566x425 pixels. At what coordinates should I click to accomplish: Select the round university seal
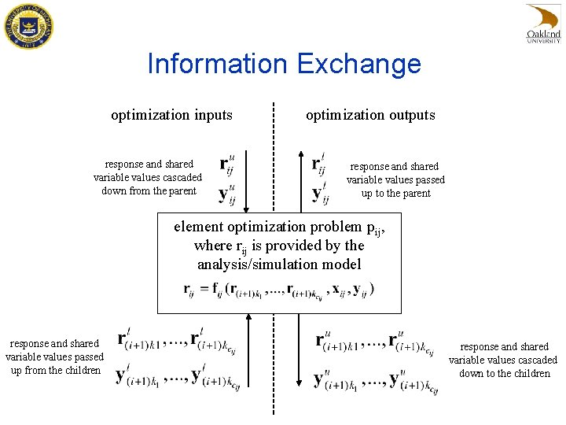(x=28, y=26)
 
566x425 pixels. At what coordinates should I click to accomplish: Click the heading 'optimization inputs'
(x=171, y=115)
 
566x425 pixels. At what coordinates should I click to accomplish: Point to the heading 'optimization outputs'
(x=370, y=115)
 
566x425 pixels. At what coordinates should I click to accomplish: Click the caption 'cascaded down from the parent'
(x=149, y=178)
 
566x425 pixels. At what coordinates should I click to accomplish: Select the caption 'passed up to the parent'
(x=395, y=179)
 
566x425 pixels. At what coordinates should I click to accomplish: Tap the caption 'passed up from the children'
(x=55, y=357)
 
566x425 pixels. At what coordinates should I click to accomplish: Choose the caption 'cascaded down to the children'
(x=503, y=360)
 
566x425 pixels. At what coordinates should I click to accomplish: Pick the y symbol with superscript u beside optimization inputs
(x=226, y=192)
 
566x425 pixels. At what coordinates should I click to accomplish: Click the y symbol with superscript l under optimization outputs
(x=318, y=192)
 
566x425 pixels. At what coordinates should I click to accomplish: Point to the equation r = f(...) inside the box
(x=279, y=290)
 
